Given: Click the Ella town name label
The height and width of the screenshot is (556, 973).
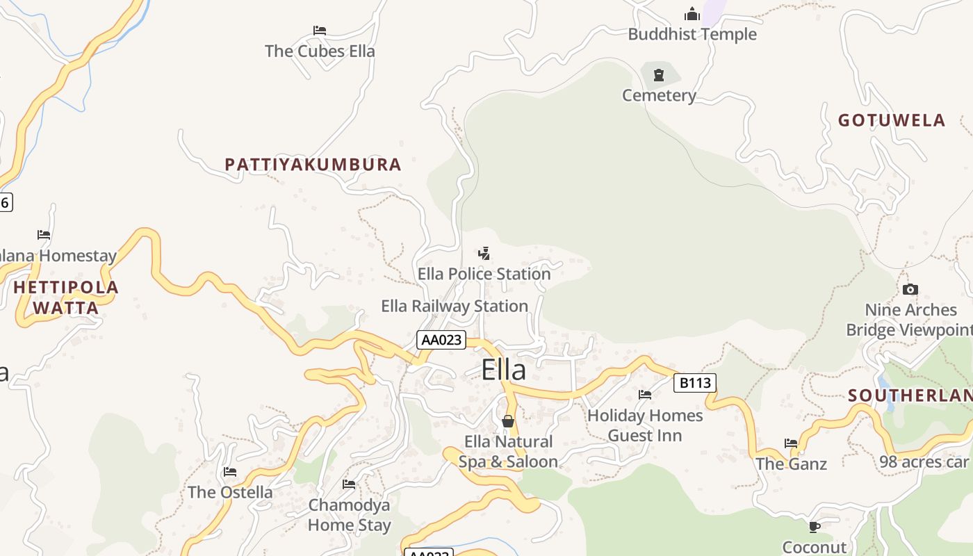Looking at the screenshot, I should (x=504, y=370).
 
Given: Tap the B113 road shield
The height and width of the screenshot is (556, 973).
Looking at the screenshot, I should (x=694, y=382).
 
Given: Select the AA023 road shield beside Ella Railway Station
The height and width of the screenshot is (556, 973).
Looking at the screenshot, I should (x=441, y=340).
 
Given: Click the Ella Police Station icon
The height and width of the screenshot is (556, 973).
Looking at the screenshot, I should (x=484, y=254).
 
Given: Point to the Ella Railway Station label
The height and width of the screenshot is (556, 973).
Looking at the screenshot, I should (x=455, y=306).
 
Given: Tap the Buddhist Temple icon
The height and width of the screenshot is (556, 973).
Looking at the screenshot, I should (x=692, y=14).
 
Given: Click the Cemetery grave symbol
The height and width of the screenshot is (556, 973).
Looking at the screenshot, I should (x=659, y=74).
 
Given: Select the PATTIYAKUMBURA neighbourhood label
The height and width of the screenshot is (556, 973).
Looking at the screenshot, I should (x=313, y=165).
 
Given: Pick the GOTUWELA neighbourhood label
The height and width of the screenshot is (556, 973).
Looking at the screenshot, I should (x=892, y=120).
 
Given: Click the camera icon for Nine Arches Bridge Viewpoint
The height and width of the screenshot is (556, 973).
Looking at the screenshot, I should (x=910, y=289).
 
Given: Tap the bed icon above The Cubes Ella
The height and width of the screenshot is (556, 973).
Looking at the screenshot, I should (x=320, y=31).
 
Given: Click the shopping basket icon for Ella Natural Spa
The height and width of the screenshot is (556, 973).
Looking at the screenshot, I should (x=508, y=421).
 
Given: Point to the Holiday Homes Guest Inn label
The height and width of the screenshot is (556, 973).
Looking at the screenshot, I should (x=645, y=425).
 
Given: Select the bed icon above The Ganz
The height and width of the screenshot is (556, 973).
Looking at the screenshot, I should (x=791, y=443).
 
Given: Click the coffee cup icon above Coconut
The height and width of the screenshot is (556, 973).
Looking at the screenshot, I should (x=815, y=527).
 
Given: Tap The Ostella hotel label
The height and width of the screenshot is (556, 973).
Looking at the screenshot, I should (x=230, y=492).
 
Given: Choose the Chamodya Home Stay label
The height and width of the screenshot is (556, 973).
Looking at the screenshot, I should (x=350, y=515).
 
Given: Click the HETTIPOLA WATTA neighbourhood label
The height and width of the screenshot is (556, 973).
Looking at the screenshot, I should (x=66, y=297).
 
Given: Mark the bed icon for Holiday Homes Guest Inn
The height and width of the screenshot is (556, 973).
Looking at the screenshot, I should (x=645, y=395).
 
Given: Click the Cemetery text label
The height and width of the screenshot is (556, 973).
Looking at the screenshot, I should (x=659, y=95).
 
